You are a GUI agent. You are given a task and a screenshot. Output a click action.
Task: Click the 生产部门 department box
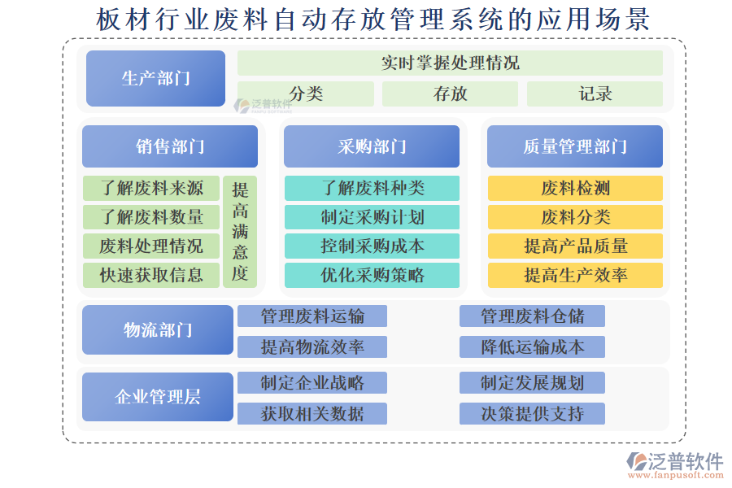155,78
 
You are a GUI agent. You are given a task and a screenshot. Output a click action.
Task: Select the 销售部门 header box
170,146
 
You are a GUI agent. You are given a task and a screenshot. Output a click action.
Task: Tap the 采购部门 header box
372,146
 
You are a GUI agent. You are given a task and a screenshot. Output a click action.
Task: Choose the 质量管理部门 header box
575,146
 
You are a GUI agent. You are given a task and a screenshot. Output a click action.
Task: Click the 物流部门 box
158,329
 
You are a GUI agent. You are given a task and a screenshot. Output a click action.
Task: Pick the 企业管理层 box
158,397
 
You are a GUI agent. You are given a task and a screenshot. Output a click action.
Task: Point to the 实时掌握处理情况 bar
450,63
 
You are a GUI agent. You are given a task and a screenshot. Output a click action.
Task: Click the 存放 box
450,94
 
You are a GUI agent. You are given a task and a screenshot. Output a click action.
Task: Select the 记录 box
595,94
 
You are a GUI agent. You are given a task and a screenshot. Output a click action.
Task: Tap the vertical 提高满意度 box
240,232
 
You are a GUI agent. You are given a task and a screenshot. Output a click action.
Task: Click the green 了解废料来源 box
151,188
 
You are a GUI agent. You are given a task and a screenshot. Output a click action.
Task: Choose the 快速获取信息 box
151,275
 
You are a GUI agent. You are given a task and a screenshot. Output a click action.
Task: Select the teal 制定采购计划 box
372,217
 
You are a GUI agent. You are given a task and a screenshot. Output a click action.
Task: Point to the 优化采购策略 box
372,275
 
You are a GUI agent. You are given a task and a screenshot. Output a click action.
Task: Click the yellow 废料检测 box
575,188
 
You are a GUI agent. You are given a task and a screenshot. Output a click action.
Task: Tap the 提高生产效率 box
575,275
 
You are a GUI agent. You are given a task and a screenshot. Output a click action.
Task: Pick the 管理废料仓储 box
532,316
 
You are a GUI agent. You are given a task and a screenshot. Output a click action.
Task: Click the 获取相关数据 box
312,414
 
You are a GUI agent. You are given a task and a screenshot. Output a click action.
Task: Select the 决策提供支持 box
532,414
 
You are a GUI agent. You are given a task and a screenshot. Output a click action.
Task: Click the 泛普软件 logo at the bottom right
675,465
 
